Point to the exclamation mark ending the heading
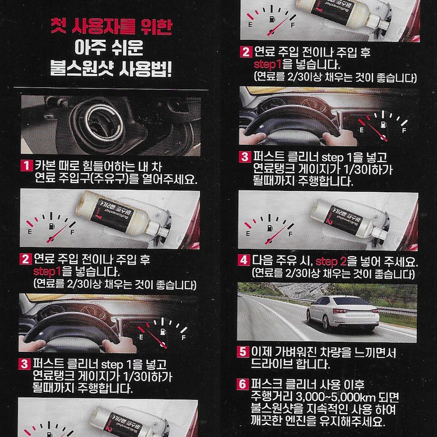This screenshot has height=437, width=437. [x=168, y=68]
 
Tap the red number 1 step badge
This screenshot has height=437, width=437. [x=26, y=166]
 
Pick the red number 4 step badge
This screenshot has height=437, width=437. [x=244, y=261]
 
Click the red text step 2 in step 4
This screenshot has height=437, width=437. [x=331, y=262]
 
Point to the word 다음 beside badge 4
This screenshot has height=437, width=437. [x=263, y=261]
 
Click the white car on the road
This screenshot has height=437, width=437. [x=343, y=313]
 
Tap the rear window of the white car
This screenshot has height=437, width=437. [x=348, y=301]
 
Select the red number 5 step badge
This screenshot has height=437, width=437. [x=243, y=352]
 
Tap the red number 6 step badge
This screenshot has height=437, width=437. [x=242, y=384]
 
